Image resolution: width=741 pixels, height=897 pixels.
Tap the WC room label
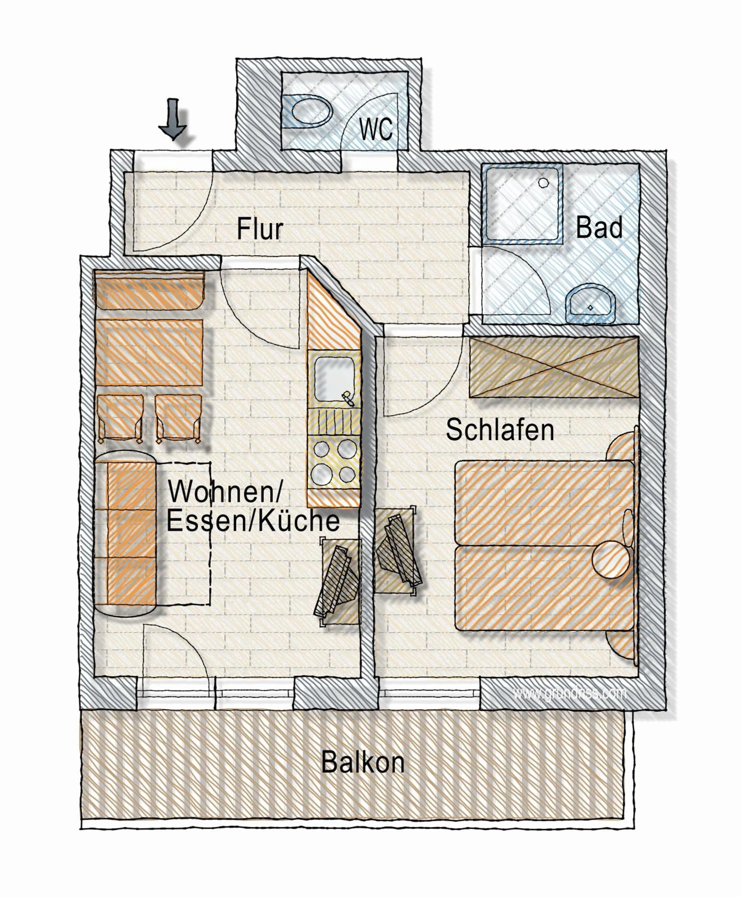(x=376, y=129)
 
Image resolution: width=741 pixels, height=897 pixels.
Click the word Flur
(x=260, y=229)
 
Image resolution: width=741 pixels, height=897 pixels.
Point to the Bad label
(x=599, y=228)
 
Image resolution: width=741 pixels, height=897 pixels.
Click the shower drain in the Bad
(x=543, y=183)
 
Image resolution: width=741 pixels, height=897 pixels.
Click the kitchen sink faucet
(x=347, y=398)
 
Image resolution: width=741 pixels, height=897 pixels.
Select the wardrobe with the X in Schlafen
(x=554, y=367)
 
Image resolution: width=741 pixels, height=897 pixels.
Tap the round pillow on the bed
(x=611, y=559)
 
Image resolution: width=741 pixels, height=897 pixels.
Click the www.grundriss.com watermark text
(x=570, y=693)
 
